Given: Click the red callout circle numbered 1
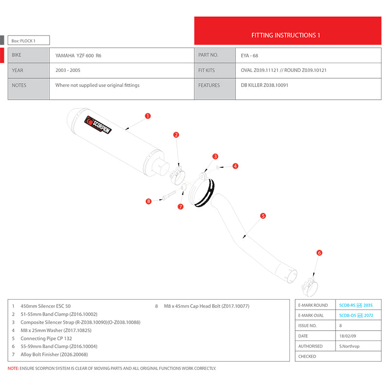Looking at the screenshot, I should [148, 116].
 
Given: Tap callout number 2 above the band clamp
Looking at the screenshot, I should [177, 135].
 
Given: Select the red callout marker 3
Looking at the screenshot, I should [215, 156].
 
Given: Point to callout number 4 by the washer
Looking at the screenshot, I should [235, 166].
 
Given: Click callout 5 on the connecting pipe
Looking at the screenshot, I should [263, 215].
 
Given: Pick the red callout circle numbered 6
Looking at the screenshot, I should [319, 253].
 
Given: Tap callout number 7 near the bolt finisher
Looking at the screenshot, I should [180, 207].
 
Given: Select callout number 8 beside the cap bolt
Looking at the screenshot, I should [149, 201].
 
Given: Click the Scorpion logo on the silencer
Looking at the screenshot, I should [99, 126].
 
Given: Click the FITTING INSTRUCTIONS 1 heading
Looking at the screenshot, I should [285, 35].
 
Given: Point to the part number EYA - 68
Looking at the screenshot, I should [250, 55].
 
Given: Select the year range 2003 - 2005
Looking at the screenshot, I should [68, 71].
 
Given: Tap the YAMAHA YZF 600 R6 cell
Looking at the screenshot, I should [78, 55].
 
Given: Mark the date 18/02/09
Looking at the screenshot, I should [348, 336].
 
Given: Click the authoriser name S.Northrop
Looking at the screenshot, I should [350, 346].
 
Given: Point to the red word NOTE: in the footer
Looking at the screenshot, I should [13, 369].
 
